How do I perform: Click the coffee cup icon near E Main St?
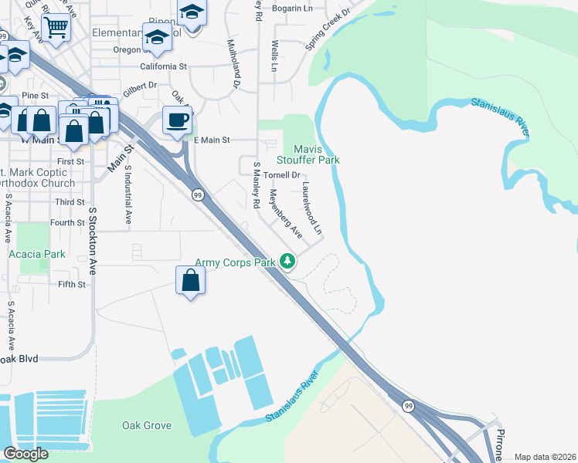[x=178, y=120]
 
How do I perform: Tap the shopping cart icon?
[x=56, y=26]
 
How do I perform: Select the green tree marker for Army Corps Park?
[x=288, y=262]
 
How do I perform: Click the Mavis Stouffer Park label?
[x=317, y=154]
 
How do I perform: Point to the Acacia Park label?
[x=36, y=253]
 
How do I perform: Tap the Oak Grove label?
[x=146, y=425]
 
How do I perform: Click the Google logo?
[x=25, y=454]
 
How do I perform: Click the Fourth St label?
[x=67, y=223]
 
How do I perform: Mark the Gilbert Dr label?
[x=140, y=86]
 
